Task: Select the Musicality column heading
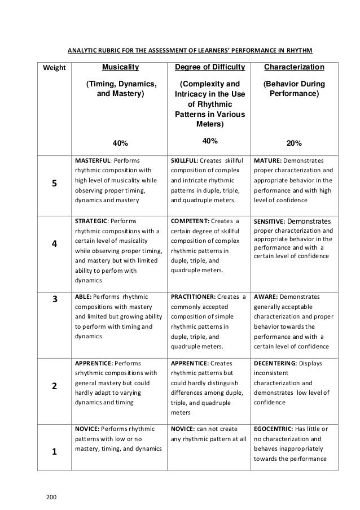point(120,68)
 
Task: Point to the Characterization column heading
point(294,68)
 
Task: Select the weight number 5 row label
point(54,184)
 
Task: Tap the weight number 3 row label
point(54,300)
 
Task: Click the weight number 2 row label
point(54,386)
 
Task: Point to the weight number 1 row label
point(54,452)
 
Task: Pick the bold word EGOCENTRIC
point(274,428)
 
